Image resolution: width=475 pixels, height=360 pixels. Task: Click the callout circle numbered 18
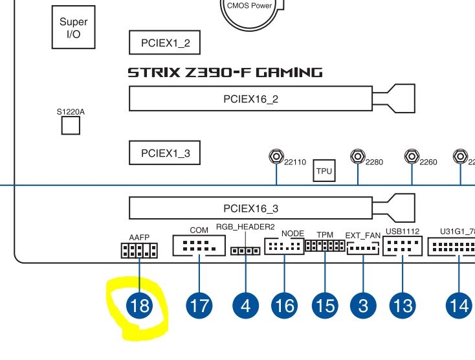140,304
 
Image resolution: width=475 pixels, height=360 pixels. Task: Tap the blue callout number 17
199,304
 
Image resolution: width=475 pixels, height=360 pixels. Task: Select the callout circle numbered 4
245,304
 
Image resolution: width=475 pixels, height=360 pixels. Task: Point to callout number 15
325,304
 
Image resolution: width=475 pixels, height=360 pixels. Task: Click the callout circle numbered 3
362,304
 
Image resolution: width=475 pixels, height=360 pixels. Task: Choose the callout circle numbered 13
403,304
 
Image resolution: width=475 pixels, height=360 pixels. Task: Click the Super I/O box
73,27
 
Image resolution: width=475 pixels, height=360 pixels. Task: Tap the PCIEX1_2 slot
164,43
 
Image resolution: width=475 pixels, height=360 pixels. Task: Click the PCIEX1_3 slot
164,153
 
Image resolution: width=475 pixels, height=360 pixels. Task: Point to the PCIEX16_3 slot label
250,208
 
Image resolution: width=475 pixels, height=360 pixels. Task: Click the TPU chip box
324,171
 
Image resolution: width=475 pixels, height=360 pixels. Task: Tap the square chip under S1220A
70,126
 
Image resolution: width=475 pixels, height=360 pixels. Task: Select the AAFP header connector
139,250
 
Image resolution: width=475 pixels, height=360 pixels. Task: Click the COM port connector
199,246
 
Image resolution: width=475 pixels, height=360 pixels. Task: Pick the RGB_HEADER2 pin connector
246,251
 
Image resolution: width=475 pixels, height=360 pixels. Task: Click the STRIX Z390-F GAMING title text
225,72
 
